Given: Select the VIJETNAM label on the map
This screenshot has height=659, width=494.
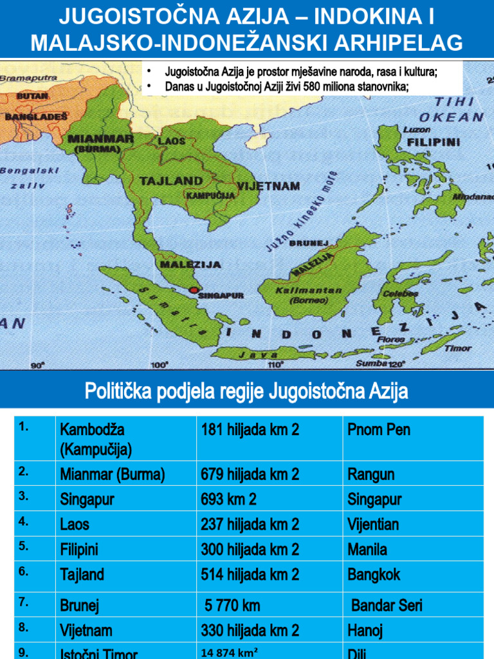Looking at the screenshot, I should click(x=268, y=186).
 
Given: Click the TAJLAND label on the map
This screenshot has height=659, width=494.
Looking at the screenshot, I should click(x=171, y=181).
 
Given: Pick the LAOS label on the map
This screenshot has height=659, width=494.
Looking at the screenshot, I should click(x=172, y=140).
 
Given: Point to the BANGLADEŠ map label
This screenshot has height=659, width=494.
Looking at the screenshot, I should click(x=37, y=116).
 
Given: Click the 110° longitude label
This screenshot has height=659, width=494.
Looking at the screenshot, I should click(x=275, y=364).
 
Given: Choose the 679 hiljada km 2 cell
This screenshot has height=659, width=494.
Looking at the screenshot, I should click(x=250, y=475).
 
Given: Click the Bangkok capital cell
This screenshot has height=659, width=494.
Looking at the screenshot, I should click(x=374, y=574).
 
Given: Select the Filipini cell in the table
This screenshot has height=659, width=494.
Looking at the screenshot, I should click(x=78, y=550).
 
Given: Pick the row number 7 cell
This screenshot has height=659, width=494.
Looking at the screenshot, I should click(x=24, y=602).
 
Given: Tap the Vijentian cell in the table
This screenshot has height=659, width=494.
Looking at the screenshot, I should click(x=373, y=524).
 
